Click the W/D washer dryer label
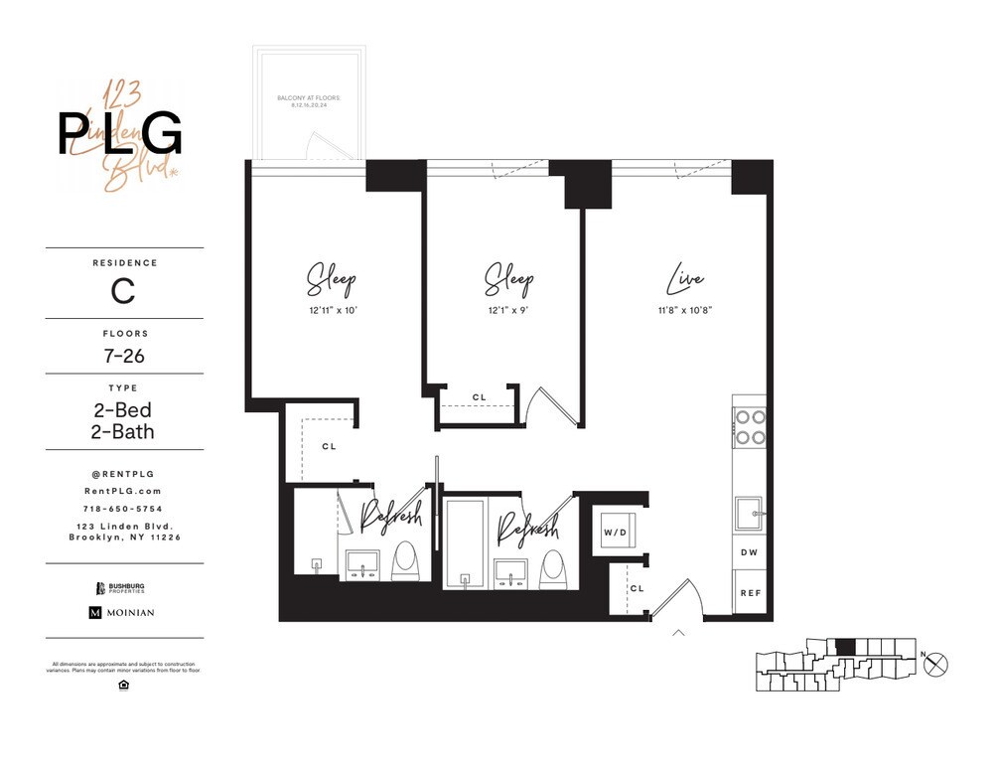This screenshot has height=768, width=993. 615,534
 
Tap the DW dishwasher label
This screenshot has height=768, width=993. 749,552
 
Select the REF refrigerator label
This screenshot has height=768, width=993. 749,593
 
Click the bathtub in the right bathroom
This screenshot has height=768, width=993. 465,544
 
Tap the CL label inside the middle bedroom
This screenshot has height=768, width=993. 480,397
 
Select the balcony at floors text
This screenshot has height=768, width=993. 309,100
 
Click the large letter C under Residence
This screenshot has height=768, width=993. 123,291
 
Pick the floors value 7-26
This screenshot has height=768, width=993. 123,355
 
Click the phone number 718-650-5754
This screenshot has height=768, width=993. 123,508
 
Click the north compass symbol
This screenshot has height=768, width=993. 935,665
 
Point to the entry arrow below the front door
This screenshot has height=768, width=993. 679,631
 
